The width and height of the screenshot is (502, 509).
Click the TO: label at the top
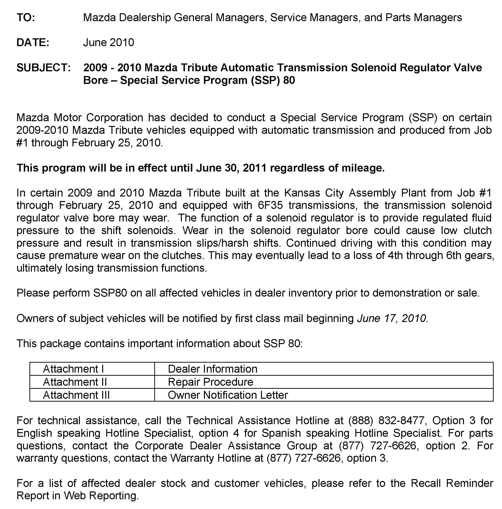[x=26, y=18]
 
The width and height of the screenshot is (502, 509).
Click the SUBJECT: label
[x=43, y=68]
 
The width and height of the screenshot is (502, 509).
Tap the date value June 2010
[x=109, y=42]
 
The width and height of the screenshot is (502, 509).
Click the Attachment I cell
[x=73, y=369]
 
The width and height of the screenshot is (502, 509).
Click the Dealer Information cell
[x=212, y=369]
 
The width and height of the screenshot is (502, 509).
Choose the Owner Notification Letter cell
[x=228, y=395]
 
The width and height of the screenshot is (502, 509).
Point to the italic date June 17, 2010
[x=392, y=318]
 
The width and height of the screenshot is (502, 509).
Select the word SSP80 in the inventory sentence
[x=110, y=293]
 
